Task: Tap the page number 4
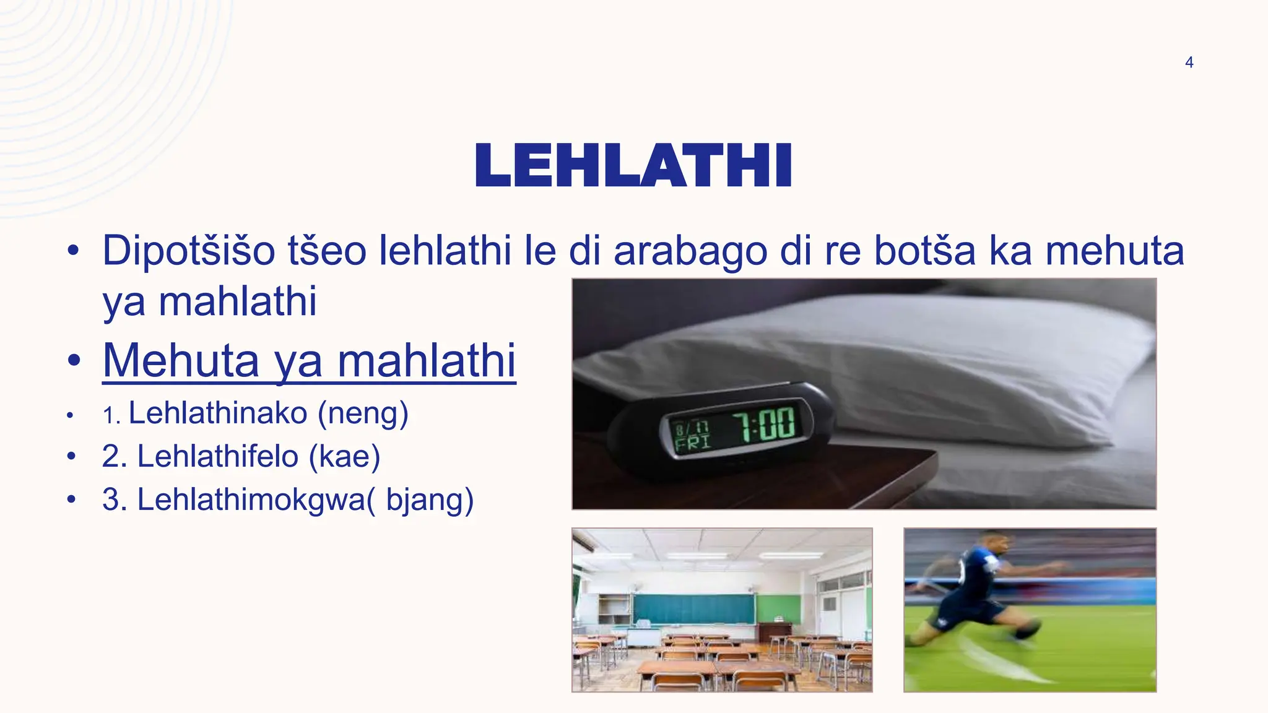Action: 1189,63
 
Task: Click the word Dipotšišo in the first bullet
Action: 188,251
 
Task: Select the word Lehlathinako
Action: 218,413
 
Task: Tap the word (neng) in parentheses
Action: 363,413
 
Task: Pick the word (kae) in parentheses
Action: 345,457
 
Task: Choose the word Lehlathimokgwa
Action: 251,499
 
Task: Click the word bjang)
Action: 430,500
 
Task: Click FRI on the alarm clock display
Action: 692,443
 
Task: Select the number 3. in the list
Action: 115,499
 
